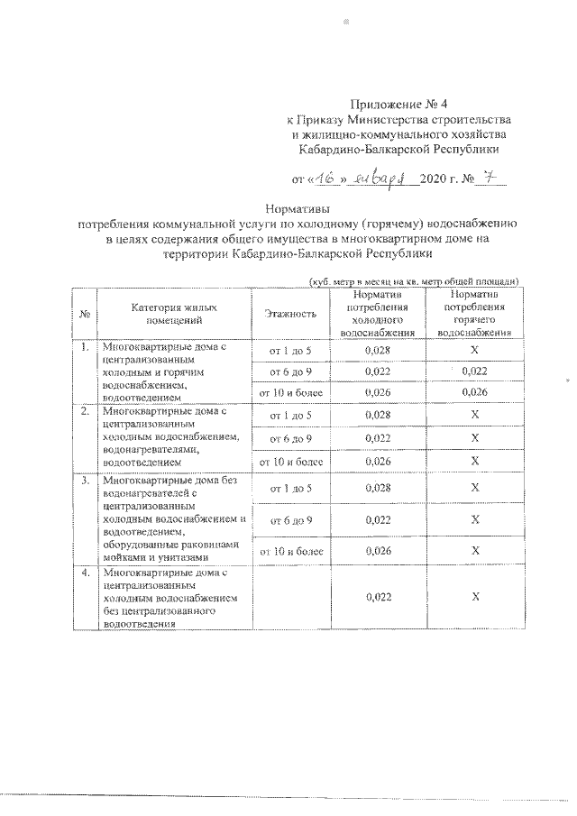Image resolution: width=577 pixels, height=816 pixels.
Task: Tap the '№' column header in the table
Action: (84, 313)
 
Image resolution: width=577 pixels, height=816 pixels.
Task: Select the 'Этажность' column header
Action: (290, 313)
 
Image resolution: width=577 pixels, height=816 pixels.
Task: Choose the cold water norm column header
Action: (377, 313)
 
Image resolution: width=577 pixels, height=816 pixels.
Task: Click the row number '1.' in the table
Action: (84, 347)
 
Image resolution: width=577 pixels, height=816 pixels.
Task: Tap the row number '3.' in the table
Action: (84, 480)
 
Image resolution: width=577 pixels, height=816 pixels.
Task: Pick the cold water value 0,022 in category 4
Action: (377, 597)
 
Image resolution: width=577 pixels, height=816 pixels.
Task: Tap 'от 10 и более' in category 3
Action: (290, 550)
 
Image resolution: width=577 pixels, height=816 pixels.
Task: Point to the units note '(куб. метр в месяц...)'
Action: (413, 281)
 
